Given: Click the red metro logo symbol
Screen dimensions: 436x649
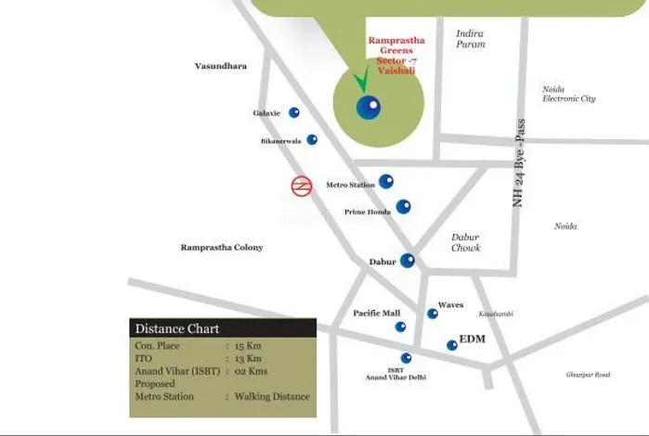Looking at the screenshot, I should (301, 186).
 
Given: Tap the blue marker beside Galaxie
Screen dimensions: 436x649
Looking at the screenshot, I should (294, 112).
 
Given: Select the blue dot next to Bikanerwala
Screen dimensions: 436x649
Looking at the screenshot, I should (312, 140).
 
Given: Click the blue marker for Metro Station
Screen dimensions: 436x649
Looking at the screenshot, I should (385, 182).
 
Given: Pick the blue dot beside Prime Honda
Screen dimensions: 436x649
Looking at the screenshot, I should (403, 207).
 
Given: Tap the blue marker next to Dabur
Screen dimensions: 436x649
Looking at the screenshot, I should (407, 261).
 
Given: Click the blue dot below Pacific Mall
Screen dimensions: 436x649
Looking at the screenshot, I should (400, 327).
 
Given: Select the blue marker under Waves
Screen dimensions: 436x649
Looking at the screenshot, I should (433, 314).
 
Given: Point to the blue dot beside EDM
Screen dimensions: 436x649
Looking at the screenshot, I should (452, 345).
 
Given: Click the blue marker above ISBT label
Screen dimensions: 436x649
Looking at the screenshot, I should (406, 357).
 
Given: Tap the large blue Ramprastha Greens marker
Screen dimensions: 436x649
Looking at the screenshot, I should (368, 107).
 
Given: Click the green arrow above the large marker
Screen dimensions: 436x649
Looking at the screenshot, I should (360, 81).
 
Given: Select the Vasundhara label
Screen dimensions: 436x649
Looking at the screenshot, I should (220, 67).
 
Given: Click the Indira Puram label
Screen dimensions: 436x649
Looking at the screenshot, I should (470, 38).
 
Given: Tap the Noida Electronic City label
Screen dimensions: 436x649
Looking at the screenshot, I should (568, 94).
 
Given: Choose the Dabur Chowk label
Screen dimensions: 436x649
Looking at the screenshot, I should (465, 242).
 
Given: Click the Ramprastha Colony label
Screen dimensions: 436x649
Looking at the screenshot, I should (222, 248).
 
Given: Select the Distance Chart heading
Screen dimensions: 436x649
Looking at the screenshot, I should (177, 328).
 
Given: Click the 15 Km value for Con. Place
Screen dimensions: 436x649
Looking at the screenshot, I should (248, 345).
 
